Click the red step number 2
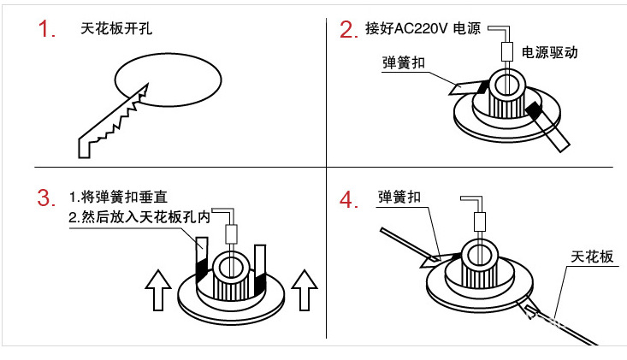(x=348, y=30)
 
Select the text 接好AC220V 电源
(x=423, y=28)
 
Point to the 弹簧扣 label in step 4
(x=399, y=198)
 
